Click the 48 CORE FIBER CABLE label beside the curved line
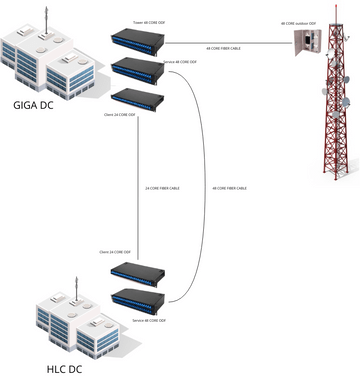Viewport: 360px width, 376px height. [x=230, y=188]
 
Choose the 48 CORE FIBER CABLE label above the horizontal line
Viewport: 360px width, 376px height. [x=222, y=47]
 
